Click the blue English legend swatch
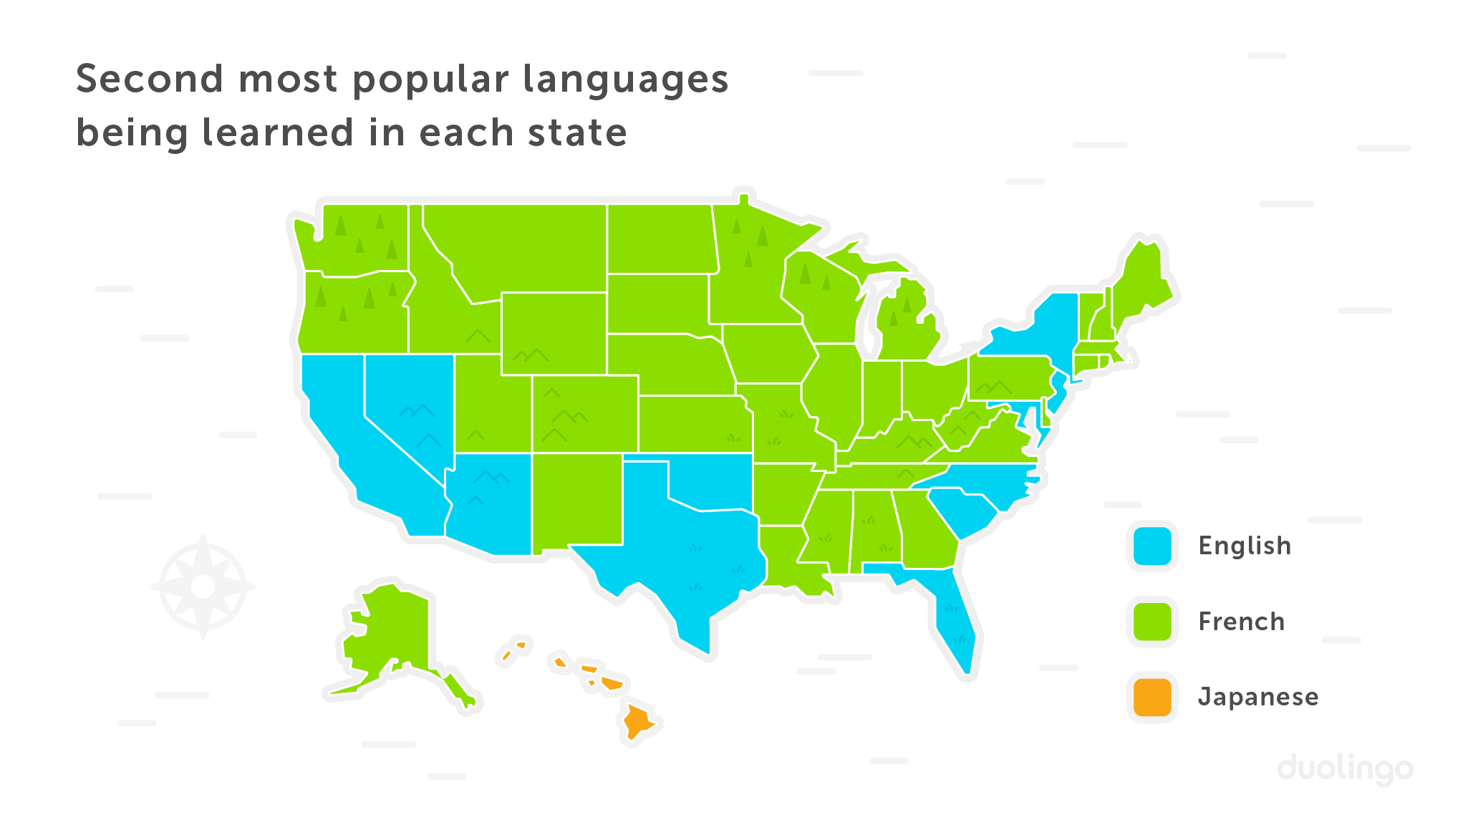coord(1152,546)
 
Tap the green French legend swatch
coord(1152,622)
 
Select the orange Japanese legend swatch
coord(1152,697)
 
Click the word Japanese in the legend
coord(1258,697)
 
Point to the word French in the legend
coord(1242,622)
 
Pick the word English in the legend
coord(1245,546)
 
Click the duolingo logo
coord(1345,769)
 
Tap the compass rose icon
coord(203,587)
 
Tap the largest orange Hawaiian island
coord(637,720)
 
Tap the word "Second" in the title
coord(149,79)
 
